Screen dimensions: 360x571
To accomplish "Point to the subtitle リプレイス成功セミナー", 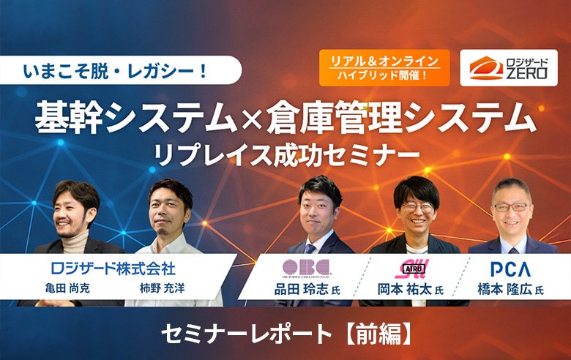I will (284, 154).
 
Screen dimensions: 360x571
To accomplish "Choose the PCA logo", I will (510, 268).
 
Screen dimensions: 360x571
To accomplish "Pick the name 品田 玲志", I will (302, 290).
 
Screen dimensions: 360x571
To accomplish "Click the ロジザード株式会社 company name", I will (113, 267).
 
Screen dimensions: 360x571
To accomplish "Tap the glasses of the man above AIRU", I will (417, 208).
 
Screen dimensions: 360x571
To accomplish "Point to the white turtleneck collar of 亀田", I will (75, 242).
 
